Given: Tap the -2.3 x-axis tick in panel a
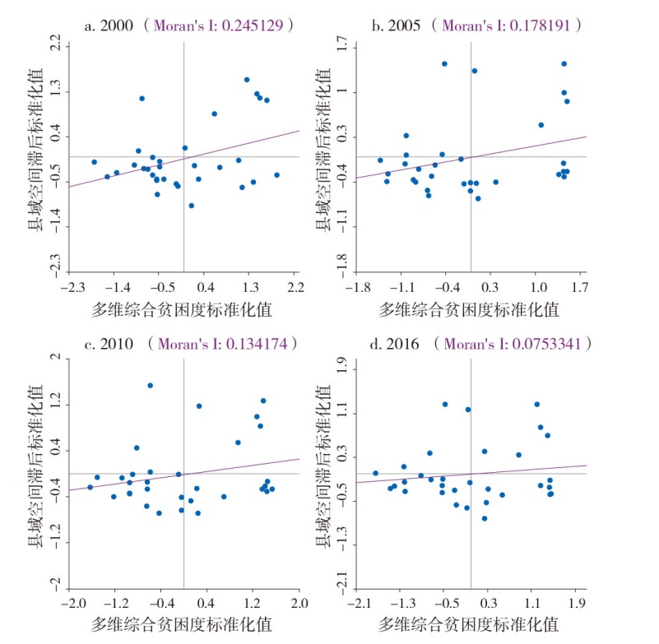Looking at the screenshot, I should pyautogui.click(x=72, y=288).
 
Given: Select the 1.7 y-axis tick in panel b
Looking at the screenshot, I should pyautogui.click(x=344, y=48).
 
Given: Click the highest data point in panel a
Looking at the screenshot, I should pyautogui.click(x=247, y=80).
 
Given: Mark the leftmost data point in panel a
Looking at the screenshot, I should pyautogui.click(x=94, y=162).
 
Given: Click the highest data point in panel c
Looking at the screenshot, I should pyautogui.click(x=150, y=385).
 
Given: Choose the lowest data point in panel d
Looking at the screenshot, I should pyautogui.click(x=485, y=518).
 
